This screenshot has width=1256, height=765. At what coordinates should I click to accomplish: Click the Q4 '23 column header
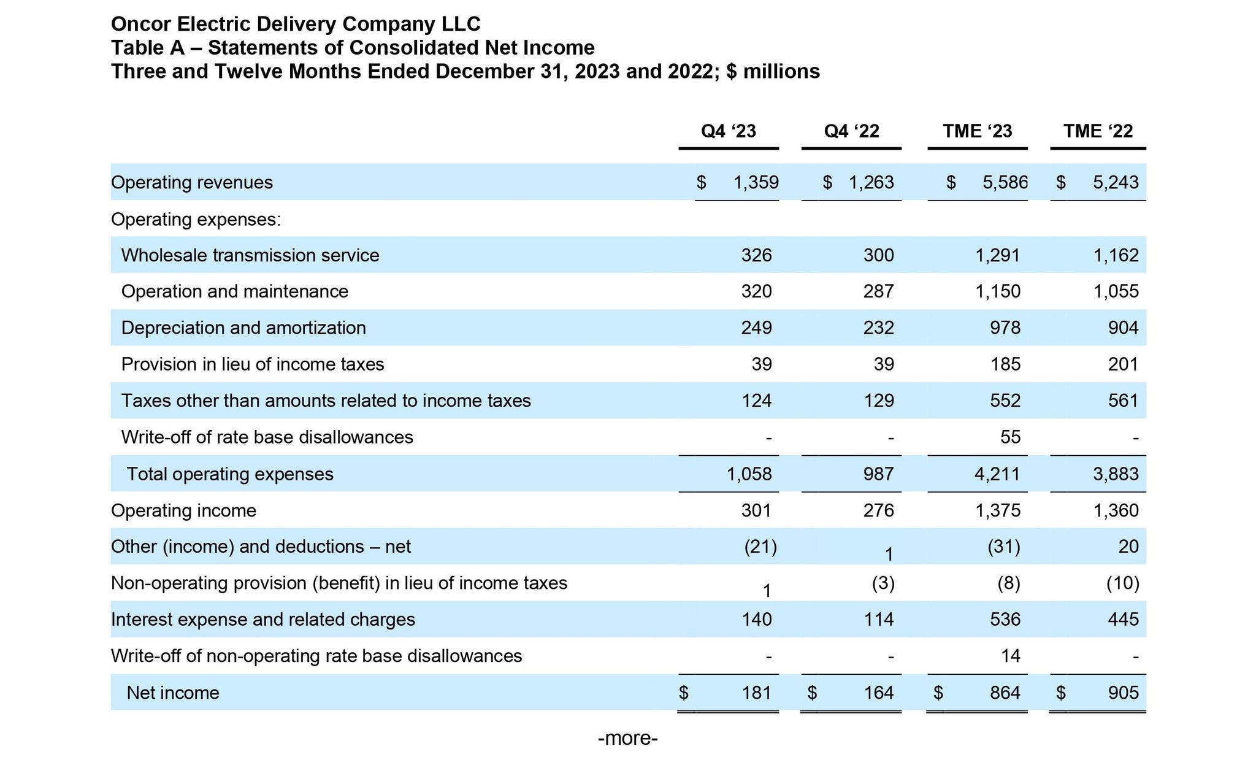tap(728, 131)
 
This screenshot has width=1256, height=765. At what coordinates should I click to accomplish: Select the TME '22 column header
tap(1098, 131)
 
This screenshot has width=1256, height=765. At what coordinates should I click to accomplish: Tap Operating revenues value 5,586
tap(1005, 182)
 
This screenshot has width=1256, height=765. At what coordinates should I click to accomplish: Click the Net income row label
tap(172, 693)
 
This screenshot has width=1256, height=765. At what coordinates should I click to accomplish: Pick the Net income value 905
tap(1123, 693)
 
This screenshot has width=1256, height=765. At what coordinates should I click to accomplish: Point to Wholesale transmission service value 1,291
tap(998, 255)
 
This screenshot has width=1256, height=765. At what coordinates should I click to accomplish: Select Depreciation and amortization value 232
tap(878, 328)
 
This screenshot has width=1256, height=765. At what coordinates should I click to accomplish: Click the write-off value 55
tap(1010, 437)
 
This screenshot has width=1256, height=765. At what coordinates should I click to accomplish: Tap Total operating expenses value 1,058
tap(749, 474)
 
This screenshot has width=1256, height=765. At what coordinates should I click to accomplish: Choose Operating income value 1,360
tap(1116, 510)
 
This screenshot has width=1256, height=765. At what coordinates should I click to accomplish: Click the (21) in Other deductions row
tap(760, 547)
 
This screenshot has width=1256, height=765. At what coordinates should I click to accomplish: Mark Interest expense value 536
tap(1005, 619)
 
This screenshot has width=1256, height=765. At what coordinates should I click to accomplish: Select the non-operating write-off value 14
tap(1010, 656)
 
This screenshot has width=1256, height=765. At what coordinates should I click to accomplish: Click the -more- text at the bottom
tap(627, 738)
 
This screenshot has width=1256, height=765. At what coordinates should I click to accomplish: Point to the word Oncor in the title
tap(141, 24)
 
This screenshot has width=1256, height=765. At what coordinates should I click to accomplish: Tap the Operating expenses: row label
tap(196, 219)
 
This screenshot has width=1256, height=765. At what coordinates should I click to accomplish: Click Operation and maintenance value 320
tap(756, 291)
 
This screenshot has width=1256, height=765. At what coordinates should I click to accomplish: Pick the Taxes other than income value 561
tap(1123, 401)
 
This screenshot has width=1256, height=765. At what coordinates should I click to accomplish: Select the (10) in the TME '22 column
tap(1122, 583)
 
